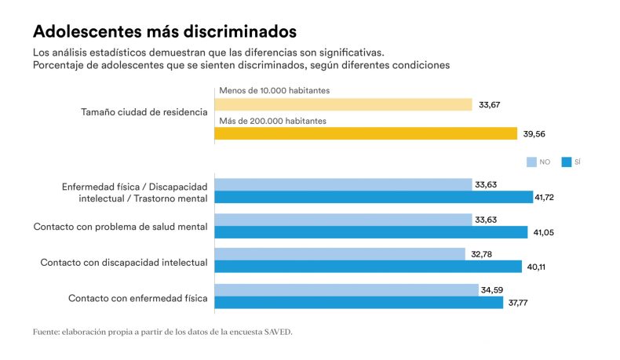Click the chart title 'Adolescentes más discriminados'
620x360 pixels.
pyautogui.click(x=164, y=32)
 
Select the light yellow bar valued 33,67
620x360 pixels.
pyautogui.click(x=343, y=104)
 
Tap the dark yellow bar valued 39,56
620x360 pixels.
pyautogui.click(x=366, y=134)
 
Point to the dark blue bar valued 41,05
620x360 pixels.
pyautogui.click(x=370, y=232)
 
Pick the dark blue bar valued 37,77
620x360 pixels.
pyautogui.click(x=359, y=302)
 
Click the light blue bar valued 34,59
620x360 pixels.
pyautogui.click(x=346, y=289)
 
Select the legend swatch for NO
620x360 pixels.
pyautogui.click(x=531, y=162)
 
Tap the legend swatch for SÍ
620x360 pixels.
pyautogui.click(x=567, y=162)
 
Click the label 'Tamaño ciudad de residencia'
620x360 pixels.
pyautogui.click(x=144, y=112)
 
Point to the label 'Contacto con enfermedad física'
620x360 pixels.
pyautogui.click(x=138, y=298)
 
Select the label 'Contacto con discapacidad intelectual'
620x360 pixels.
pyautogui.click(x=124, y=262)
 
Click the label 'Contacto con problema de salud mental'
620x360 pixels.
pyautogui.click(x=120, y=227)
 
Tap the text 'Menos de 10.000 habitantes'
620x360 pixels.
pyautogui.click(x=275, y=90)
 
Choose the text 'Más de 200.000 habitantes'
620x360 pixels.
pyautogui.click(x=272, y=121)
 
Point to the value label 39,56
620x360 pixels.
pyautogui.click(x=535, y=134)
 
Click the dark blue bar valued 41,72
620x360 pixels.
pyautogui.click(x=374, y=198)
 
